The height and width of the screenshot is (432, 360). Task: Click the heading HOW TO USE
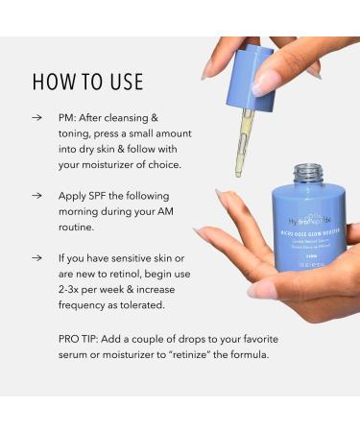point(87,81)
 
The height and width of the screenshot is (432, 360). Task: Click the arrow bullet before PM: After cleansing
point(36,119)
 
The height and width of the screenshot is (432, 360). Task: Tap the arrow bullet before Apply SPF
point(36,194)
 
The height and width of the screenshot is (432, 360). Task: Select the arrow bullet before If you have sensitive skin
point(36,258)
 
